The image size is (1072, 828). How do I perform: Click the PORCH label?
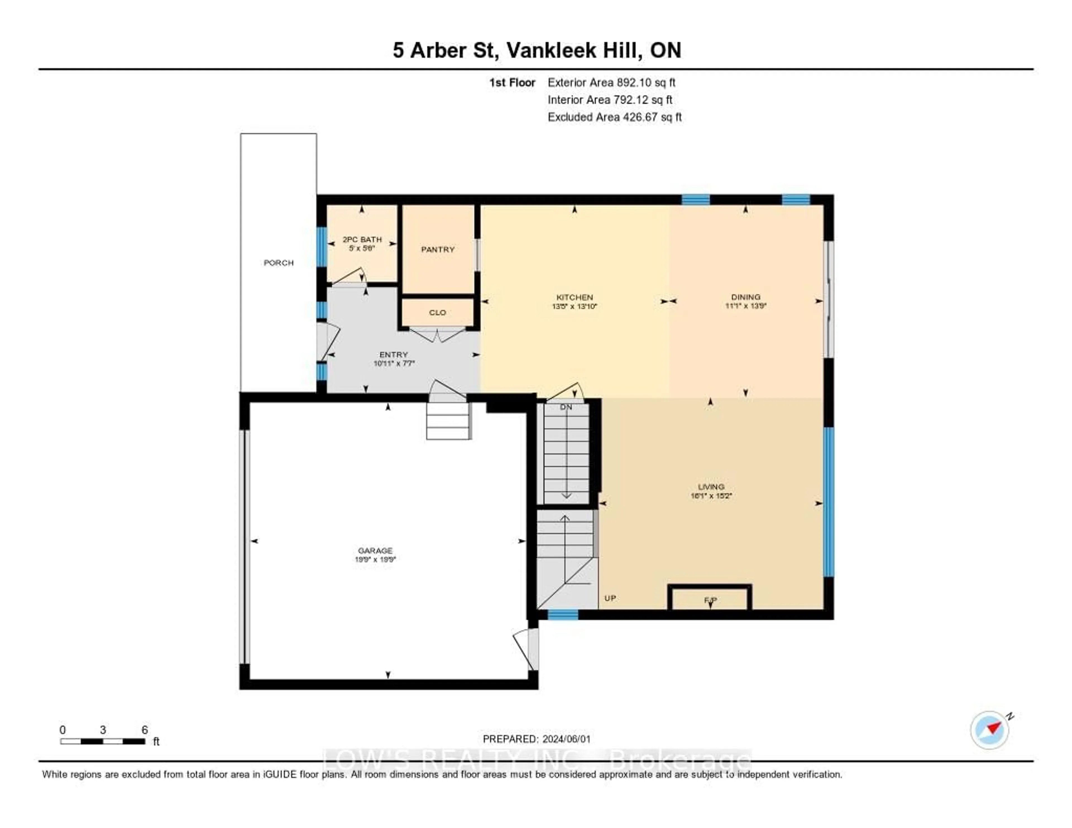(x=278, y=263)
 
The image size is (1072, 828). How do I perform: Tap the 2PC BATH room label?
(x=362, y=240)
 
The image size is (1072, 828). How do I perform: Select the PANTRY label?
(x=437, y=249)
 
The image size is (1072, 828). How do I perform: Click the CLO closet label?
(x=437, y=312)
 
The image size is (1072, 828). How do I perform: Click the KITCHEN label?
(x=574, y=297)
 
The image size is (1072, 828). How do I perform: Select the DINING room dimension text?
(x=746, y=306)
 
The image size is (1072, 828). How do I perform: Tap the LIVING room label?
(x=711, y=486)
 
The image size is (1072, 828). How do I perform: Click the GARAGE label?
(x=375, y=550)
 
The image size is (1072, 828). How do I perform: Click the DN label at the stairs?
(x=566, y=407)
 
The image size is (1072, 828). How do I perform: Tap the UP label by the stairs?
(x=610, y=598)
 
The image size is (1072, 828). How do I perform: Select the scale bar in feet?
(x=102, y=741)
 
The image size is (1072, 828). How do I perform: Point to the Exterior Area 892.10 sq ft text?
(x=611, y=82)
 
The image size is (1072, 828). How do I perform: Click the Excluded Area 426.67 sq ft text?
(x=614, y=117)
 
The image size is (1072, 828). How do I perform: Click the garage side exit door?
(x=527, y=649)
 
